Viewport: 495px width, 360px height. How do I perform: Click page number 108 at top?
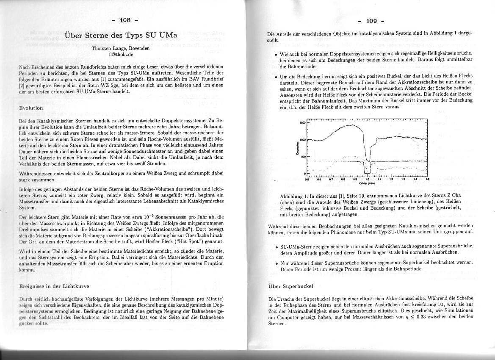125,20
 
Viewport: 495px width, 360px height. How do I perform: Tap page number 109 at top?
371,21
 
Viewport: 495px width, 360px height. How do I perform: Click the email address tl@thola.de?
121,54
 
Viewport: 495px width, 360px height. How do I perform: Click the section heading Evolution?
31,108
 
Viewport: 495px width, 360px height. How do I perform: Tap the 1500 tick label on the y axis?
302,122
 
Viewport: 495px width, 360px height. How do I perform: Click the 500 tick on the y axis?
302,157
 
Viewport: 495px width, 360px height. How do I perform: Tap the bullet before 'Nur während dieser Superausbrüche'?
276,263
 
